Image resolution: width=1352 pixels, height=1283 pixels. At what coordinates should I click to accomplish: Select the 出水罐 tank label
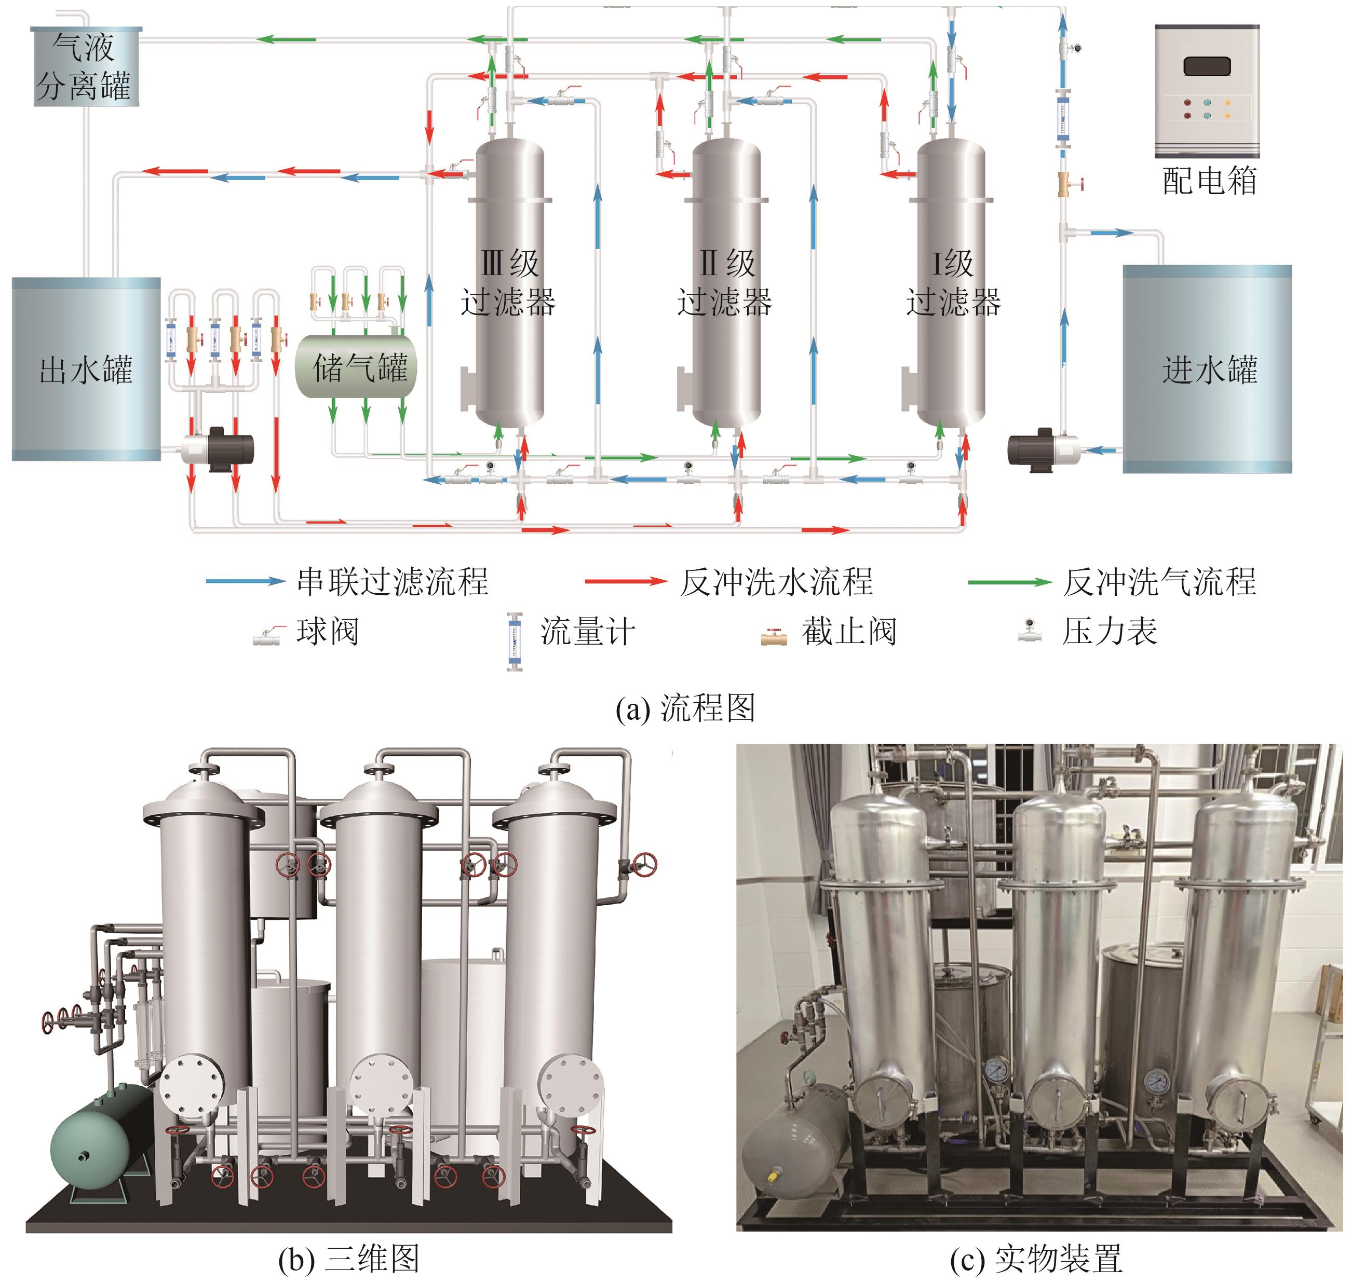pyautogui.click(x=86, y=370)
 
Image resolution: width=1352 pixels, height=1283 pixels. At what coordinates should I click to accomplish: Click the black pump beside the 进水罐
pyautogui.click(x=1033, y=449)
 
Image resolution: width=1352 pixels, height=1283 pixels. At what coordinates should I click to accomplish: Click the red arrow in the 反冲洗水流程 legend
pyautogui.click(x=625, y=582)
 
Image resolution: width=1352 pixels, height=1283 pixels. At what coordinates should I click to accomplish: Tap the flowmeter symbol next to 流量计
pyautogui.click(x=514, y=641)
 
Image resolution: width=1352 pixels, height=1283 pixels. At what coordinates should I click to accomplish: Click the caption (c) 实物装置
pyautogui.click(x=1036, y=1259)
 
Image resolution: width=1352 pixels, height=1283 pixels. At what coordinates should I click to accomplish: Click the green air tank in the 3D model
pyautogui.click(x=99, y=1141)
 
